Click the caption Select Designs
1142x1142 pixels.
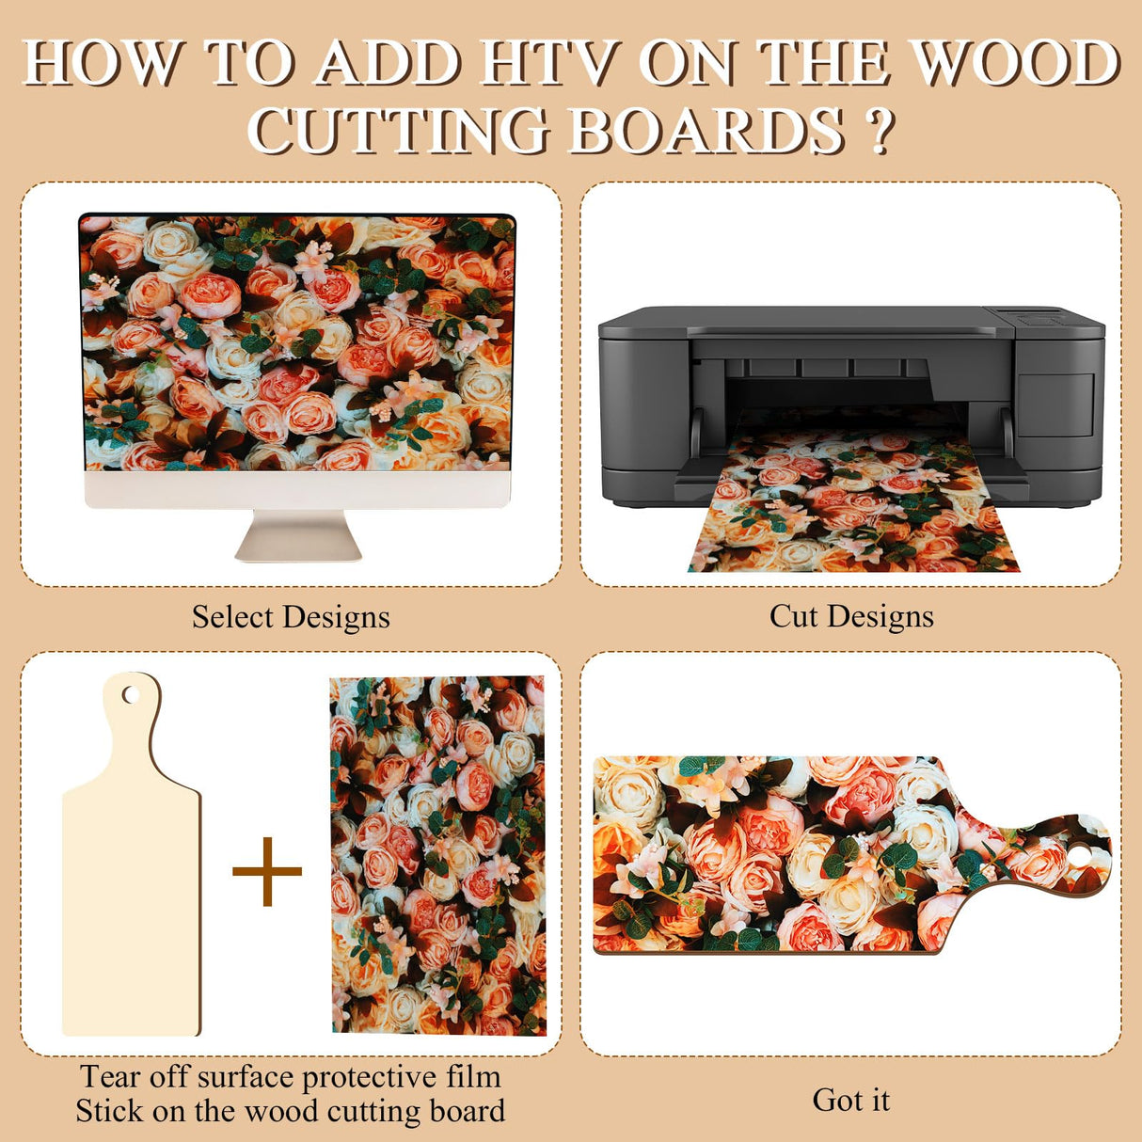point(291,617)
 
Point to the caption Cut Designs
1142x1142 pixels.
point(851,616)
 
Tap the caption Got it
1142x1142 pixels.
point(850,1100)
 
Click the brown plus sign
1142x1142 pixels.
point(267,871)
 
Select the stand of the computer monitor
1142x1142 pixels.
point(298,537)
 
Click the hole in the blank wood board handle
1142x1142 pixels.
point(131,695)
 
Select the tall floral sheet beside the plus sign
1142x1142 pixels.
point(438,855)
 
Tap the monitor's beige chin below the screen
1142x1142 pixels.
point(298,490)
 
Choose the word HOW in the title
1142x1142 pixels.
point(102,64)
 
